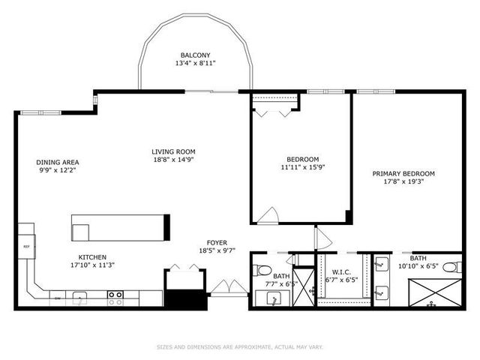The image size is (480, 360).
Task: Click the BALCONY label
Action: [196, 55]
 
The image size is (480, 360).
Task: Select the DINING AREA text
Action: [58, 162]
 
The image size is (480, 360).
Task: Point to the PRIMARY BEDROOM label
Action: [403, 173]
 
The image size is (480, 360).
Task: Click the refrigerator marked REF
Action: [26, 246]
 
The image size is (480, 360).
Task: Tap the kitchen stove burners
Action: [115, 298]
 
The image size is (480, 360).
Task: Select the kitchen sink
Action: [84, 298]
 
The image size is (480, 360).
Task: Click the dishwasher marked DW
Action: [58, 298]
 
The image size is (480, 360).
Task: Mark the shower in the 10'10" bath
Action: [434, 293]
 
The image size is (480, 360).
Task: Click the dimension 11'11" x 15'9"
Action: [303, 168]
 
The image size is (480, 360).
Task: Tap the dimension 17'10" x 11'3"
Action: [94, 265]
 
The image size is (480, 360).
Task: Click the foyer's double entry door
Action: [227, 287]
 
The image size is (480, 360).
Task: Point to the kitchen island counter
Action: [120, 226]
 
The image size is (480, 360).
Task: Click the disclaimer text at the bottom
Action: [239, 347]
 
